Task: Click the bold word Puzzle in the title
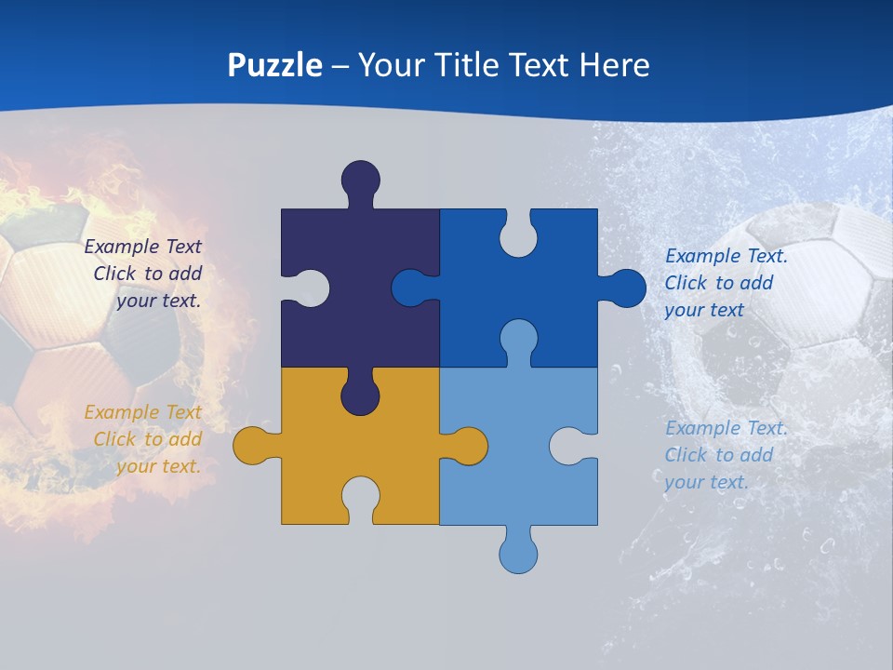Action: click(x=275, y=65)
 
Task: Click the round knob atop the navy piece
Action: click(x=360, y=179)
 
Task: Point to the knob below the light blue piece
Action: click(x=518, y=553)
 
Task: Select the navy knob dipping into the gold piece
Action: click(x=360, y=395)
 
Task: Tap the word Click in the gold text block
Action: click(x=115, y=439)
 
